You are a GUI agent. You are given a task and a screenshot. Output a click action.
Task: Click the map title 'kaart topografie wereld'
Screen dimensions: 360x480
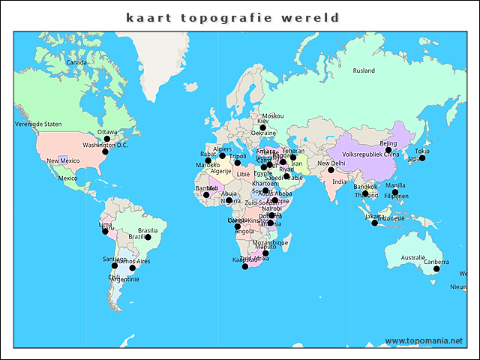click(232, 17)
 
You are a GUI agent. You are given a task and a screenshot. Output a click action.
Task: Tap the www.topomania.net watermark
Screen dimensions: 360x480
click(424, 341)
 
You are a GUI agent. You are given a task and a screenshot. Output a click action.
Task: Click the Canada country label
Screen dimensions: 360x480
click(76, 63)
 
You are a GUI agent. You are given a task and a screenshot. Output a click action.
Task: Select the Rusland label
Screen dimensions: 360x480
click(364, 71)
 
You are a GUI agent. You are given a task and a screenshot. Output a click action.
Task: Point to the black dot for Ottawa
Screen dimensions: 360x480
click(106, 139)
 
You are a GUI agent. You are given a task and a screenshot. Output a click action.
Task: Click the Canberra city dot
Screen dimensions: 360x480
click(436, 268)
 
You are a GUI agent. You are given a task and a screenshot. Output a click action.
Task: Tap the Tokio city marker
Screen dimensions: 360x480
click(422, 157)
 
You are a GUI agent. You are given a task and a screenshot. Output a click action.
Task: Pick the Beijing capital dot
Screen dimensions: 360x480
click(388, 150)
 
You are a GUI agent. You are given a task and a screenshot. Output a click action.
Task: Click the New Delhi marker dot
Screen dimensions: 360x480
click(331, 170)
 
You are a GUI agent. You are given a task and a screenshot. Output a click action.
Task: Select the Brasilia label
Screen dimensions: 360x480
click(148, 230)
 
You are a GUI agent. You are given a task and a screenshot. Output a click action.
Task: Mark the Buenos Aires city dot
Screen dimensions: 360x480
click(132, 268)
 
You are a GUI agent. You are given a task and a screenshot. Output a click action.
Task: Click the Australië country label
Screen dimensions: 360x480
click(412, 258)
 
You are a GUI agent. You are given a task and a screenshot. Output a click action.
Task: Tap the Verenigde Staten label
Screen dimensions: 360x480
click(38, 124)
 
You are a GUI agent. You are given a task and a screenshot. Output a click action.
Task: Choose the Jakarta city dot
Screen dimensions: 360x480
click(374, 223)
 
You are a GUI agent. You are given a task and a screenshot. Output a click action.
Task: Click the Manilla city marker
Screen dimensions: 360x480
click(395, 192)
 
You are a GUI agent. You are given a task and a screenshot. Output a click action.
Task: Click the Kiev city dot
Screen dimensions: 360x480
click(262, 127)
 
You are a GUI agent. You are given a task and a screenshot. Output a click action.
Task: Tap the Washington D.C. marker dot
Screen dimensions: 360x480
click(105, 151)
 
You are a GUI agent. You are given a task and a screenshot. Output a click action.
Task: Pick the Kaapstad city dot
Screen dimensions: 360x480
click(244, 266)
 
